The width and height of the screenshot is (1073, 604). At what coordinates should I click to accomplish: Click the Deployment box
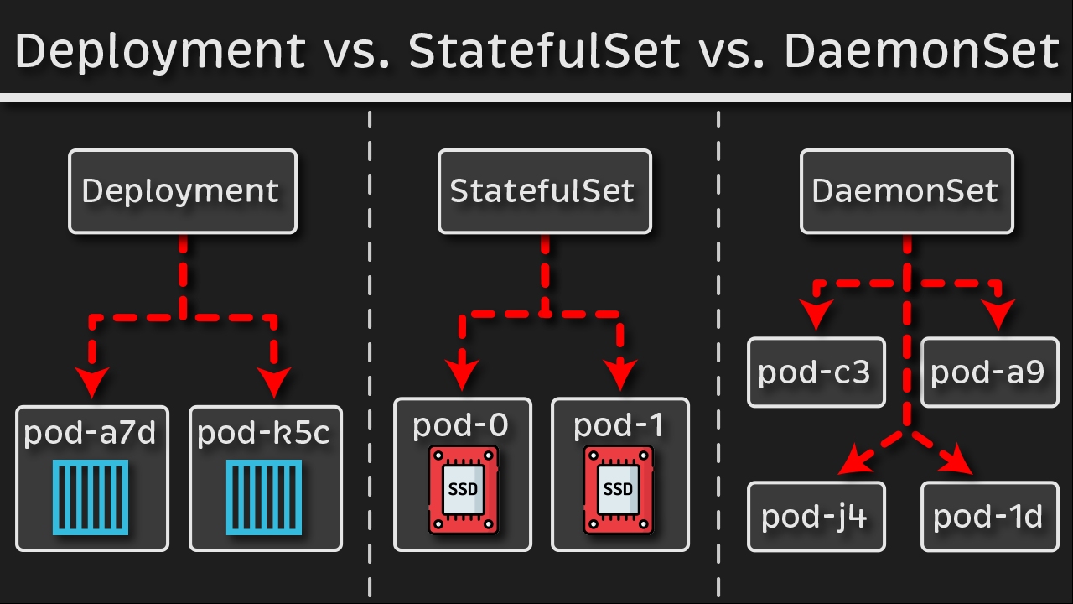pos(182,191)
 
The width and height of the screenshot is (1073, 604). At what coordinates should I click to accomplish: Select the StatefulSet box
pos(544,191)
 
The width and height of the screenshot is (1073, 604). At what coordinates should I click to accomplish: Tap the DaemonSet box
pos(906,191)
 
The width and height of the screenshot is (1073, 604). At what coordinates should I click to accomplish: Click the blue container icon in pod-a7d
pos(90,497)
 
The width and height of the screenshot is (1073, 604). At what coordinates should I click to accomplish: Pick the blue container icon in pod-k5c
pos(266,497)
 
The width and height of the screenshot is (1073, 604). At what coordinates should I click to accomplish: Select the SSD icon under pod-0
pos(463,490)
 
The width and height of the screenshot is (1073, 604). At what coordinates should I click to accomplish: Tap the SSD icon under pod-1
pos(619,490)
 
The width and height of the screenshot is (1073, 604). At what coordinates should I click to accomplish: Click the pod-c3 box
pos(816,372)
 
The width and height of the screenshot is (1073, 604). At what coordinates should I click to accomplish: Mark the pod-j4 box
pos(816,516)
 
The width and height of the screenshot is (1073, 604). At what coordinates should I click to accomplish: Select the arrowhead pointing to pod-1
pos(620,374)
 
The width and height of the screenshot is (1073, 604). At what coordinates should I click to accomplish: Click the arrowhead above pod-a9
pos(998,315)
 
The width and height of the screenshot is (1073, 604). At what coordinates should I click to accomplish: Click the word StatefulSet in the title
pos(544,52)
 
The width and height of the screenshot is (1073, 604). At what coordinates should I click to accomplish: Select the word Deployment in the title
pos(160,52)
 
